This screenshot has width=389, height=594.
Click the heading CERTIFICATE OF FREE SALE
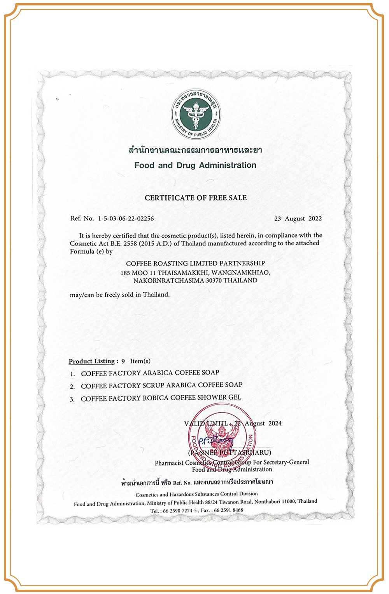coord(196,198)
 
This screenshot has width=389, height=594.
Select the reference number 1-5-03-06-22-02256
coord(126,219)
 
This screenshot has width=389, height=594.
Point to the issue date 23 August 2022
coord(298,219)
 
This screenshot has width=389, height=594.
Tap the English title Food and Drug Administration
coord(195,165)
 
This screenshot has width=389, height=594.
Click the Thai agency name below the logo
coord(195,150)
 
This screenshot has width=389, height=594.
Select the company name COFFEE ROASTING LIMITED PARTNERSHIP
coord(195,263)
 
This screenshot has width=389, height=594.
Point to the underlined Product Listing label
coord(92,361)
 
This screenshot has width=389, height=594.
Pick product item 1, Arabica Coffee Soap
coord(150,373)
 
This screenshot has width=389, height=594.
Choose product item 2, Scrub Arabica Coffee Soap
coord(161,385)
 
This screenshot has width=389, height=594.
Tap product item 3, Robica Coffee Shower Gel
coord(161,398)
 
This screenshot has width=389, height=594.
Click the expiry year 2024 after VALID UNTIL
coord(275,423)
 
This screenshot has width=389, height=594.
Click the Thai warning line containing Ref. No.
coord(197,482)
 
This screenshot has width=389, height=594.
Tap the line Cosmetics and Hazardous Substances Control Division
coord(196,494)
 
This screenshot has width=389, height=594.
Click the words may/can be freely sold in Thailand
coord(120,295)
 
